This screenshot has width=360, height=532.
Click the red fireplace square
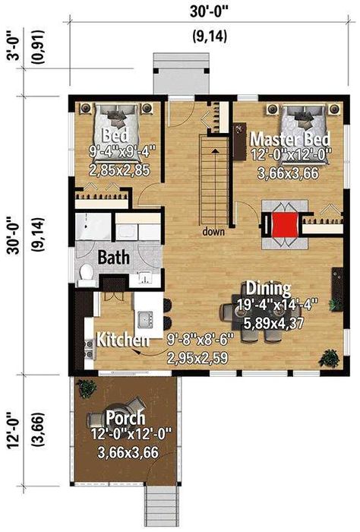coord(285,224)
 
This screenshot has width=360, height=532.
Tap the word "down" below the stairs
coord(213,232)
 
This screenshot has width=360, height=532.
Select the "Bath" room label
coord(114,257)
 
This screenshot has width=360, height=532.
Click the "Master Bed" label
coord(290,139)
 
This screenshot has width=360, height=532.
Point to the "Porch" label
coord(125,418)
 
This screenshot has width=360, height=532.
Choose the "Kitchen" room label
coord(123,339)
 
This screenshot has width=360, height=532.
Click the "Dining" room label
coord(268,288)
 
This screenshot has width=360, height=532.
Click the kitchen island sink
coord(146,320)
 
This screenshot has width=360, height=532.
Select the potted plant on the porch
coord(86,388)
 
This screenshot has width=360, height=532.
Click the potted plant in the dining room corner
coord(329,358)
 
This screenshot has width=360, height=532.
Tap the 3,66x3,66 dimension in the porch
coord(128,453)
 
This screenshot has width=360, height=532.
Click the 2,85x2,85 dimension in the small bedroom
coord(119,170)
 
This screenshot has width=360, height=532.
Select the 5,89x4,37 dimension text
coord(274,323)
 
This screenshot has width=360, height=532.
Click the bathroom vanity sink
coord(146,277)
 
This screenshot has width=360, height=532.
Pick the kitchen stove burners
coord(90,350)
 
